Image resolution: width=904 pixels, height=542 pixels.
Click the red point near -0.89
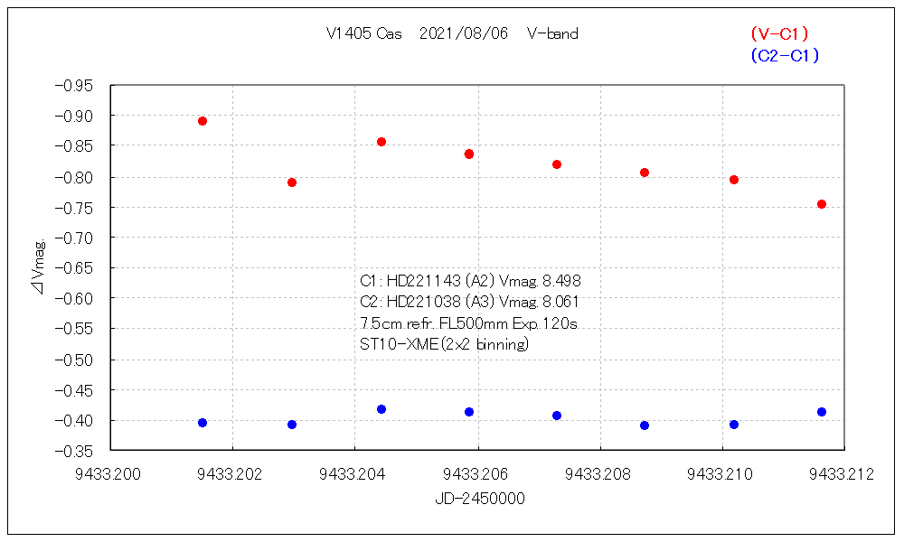pyautogui.click(x=202, y=121)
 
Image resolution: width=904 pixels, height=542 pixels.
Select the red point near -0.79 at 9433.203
pyautogui.click(x=292, y=182)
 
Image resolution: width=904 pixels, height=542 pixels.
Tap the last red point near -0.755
pyautogui.click(x=822, y=204)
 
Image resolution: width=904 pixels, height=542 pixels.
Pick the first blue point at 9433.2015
pyautogui.click(x=202, y=423)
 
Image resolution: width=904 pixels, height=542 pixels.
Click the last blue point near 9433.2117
pyautogui.click(x=822, y=412)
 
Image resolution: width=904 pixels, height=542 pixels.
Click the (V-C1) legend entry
pyautogui.click(x=779, y=34)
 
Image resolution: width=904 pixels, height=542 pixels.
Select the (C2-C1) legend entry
pyautogui.click(x=785, y=56)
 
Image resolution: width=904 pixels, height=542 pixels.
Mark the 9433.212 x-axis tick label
pyautogui.click(x=843, y=475)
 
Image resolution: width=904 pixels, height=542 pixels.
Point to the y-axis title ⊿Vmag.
pyautogui.click(x=39, y=267)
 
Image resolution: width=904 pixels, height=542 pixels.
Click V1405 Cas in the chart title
pyautogui.click(x=365, y=34)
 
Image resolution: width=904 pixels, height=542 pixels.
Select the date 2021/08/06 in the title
pyautogui.click(x=464, y=34)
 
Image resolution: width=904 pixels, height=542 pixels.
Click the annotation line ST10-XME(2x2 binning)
pyautogui.click(x=444, y=344)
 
